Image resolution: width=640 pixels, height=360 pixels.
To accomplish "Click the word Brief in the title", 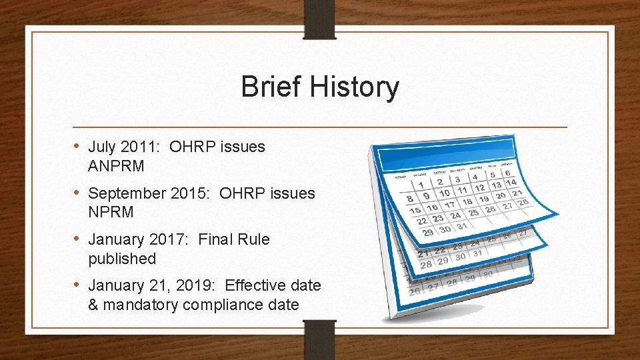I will pyautogui.click(x=269, y=87).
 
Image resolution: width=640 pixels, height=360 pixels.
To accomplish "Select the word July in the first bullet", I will pyautogui.click(x=101, y=147).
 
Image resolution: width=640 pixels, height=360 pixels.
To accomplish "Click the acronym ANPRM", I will pyautogui.click(x=116, y=166).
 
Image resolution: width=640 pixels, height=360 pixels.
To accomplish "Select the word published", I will pyautogui.click(x=121, y=259).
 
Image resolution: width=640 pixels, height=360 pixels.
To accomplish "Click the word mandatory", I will pyautogui.click(x=140, y=305).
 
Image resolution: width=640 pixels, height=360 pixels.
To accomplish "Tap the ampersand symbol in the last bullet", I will pyautogui.click(x=93, y=305).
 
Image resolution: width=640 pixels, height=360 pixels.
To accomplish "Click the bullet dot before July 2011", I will pyautogui.click(x=77, y=147).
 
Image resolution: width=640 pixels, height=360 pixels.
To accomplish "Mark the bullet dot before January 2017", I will pyautogui.click(x=77, y=239).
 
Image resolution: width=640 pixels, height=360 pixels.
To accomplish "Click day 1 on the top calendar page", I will pyautogui.click(x=421, y=184).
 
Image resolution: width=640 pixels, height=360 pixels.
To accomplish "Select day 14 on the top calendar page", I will pyautogui.click(x=511, y=182).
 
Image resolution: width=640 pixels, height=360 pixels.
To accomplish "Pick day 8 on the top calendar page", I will pyautogui.click(x=409, y=199).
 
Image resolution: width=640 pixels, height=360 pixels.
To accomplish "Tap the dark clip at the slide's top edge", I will pyautogui.click(x=319, y=17).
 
